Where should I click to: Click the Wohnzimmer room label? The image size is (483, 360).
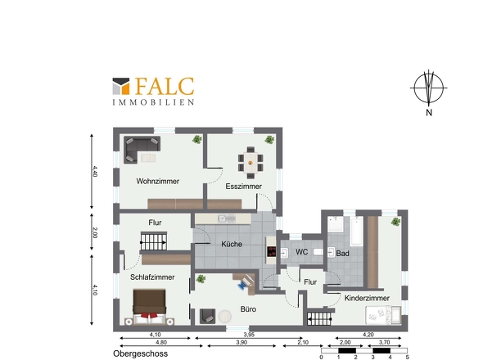[158, 181]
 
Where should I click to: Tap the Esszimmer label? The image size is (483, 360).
[243, 187]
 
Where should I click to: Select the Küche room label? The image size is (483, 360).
[232, 244]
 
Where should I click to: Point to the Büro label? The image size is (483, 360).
[248, 309]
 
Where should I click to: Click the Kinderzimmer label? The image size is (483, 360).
[367, 298]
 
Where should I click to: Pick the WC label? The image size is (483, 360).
[301, 252]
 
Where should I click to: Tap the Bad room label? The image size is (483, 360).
[342, 254]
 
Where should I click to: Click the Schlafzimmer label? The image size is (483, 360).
[152, 277]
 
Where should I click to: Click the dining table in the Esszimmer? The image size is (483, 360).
[251, 162]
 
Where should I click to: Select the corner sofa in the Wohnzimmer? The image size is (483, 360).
[142, 150]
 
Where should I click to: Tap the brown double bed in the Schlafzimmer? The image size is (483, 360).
[149, 307]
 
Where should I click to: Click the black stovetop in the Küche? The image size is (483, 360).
[271, 251]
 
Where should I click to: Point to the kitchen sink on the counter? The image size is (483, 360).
[227, 218]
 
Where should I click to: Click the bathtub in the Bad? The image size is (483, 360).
[356, 231]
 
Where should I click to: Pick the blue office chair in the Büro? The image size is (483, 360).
[242, 286]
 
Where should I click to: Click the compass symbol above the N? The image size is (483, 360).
[429, 88]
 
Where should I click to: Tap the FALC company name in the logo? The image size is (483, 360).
[165, 86]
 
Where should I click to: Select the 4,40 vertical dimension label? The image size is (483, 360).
[95, 172]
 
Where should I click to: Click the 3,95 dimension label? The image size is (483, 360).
[249, 335]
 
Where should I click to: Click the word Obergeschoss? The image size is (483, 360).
[141, 353]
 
